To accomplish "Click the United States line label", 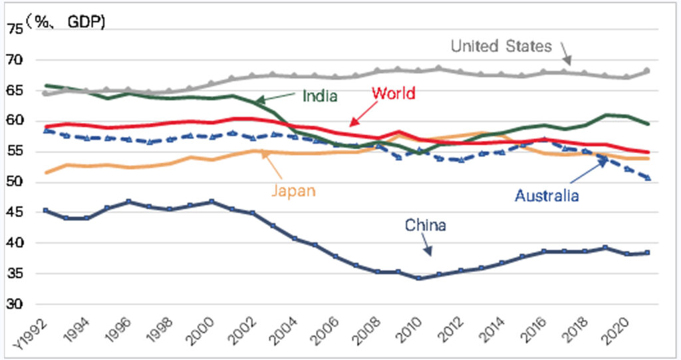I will [501, 46].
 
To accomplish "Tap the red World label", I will [394, 92].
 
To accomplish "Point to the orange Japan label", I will [293, 190].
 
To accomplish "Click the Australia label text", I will [547, 196].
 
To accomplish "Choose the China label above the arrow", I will [426, 225].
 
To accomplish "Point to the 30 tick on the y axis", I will [15, 304].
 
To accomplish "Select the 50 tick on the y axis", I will [15, 182].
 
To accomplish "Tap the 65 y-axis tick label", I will [15, 90].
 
